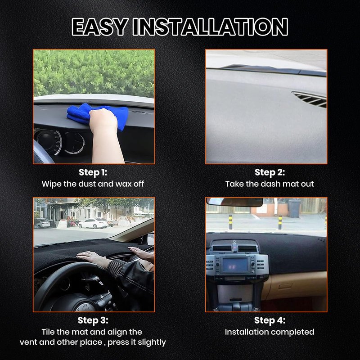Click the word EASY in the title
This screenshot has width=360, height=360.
99,27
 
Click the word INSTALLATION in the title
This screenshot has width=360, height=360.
210,27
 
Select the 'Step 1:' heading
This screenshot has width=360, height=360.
93,172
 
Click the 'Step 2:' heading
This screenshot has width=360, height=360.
270,172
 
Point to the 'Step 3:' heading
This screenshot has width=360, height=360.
93,320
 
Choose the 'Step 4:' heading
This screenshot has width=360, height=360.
270,320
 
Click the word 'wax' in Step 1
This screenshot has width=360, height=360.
123,184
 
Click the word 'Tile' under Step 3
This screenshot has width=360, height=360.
48,332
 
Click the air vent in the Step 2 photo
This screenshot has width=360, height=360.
310,99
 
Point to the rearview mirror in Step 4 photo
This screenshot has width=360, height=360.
234,202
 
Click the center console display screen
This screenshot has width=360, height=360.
235,265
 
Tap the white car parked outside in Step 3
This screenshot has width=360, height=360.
93,223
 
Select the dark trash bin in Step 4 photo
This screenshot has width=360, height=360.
294,208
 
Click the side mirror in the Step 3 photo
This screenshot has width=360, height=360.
151,239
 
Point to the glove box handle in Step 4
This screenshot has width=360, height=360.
285,286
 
